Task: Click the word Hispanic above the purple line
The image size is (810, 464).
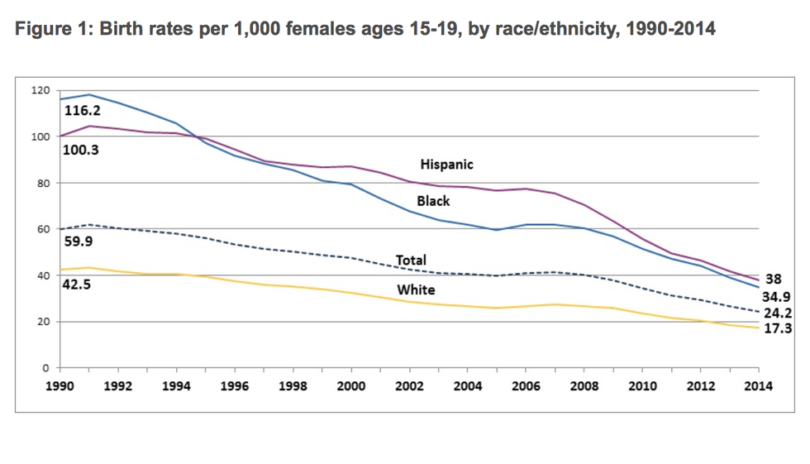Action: click(446, 165)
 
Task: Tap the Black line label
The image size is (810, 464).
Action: click(433, 201)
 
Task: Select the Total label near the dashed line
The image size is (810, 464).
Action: click(411, 261)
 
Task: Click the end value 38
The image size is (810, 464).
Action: click(774, 280)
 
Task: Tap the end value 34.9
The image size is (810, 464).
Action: click(777, 296)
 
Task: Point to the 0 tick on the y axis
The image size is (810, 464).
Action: click(46, 368)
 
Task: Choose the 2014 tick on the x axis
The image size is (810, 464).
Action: click(758, 385)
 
